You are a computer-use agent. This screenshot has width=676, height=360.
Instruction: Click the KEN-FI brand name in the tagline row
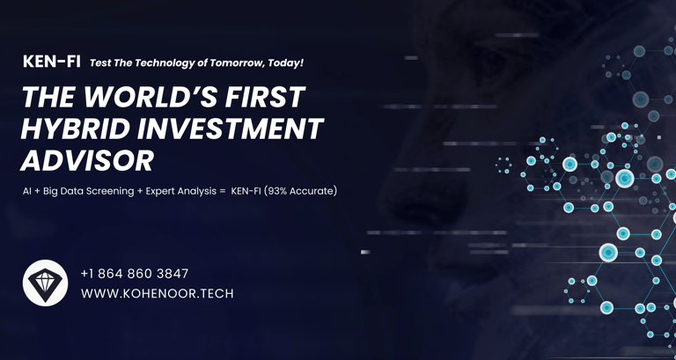52,62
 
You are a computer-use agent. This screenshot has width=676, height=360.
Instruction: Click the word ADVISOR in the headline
87,161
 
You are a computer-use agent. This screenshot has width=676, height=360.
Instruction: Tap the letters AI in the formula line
26,191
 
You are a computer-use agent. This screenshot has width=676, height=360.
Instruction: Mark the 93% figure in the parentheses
277,191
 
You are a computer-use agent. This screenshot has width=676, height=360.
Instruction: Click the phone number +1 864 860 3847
135,274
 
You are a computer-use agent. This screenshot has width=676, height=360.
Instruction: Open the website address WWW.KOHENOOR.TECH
158,294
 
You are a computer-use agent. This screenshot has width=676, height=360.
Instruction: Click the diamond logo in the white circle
45,283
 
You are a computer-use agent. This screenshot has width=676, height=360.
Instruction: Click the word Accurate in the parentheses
312,191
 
